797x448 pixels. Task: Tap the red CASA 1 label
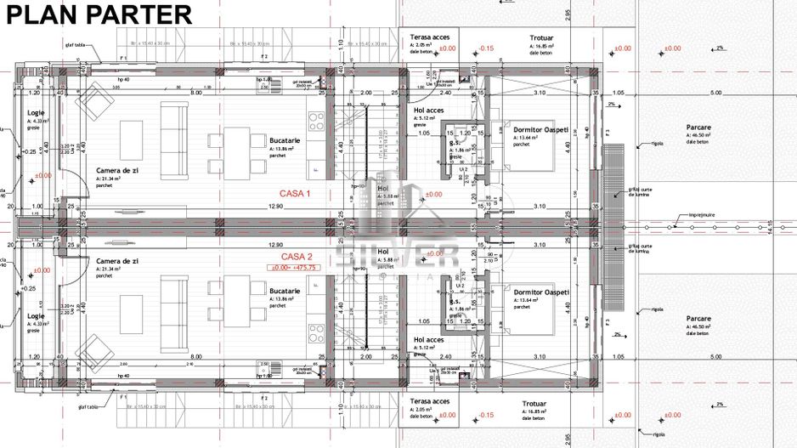pyautogui.click(x=297, y=194)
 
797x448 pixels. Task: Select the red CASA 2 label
pyautogui.click(x=297, y=256)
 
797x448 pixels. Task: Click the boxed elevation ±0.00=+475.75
pyautogui.click(x=293, y=267)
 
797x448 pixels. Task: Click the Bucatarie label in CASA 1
pyautogui.click(x=285, y=139)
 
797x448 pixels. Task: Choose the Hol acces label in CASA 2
pyautogui.click(x=429, y=338)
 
